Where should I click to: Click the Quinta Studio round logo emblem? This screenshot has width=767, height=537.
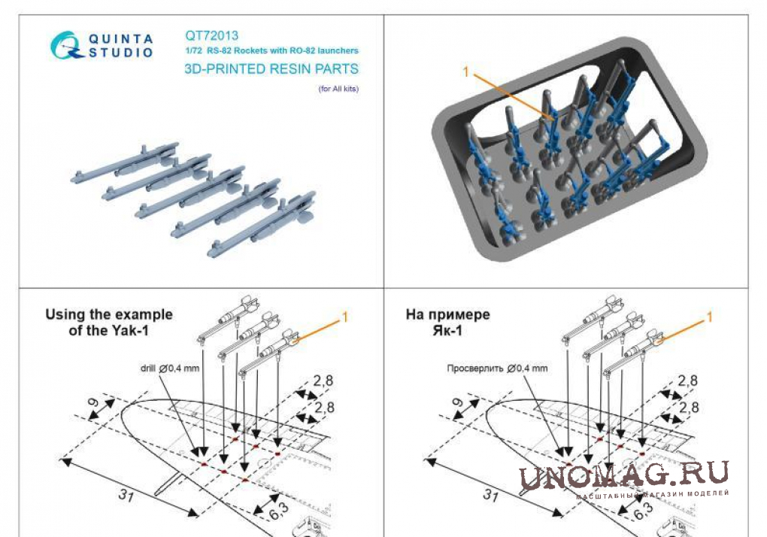66,45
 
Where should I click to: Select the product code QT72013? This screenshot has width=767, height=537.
211,35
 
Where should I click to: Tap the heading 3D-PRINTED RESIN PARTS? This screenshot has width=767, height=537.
271,69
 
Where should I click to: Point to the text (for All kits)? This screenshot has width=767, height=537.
338,89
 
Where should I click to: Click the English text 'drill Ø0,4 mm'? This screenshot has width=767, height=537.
170,369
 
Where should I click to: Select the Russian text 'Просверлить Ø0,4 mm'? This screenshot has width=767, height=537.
497,369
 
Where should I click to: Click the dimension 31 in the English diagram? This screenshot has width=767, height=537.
126,496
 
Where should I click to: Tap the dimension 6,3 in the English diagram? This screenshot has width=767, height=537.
279,511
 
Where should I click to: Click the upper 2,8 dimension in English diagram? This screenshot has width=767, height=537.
323,380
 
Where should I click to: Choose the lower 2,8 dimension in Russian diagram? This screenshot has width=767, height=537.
688,407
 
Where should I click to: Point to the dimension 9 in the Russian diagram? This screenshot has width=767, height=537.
458,402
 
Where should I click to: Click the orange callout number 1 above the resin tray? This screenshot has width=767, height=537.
465,72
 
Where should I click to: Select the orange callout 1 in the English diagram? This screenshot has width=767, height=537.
345,317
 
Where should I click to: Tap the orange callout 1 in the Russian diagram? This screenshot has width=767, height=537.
709,317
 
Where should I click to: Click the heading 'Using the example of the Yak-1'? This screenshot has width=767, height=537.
108,323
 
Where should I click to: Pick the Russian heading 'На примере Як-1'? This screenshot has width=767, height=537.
447,323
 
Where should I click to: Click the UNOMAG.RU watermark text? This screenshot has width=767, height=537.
623,475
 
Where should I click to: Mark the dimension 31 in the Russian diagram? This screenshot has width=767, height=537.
490,496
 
